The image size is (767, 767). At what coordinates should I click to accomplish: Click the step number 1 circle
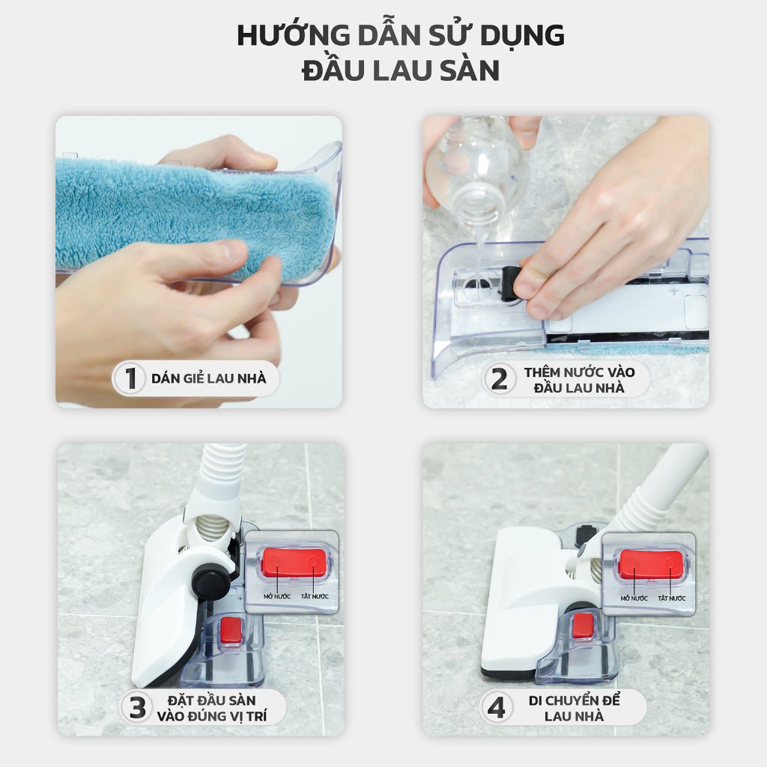[x=130, y=378]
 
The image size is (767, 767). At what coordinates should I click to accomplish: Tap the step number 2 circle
[x=499, y=379]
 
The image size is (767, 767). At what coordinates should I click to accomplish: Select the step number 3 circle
[x=137, y=707]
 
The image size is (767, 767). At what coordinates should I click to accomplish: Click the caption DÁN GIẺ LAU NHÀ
[x=208, y=378]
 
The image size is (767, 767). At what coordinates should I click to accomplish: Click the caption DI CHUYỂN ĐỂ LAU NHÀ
[x=575, y=708]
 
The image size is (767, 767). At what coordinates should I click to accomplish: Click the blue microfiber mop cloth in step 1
[x=187, y=213]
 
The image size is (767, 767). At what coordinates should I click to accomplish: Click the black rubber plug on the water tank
[x=511, y=284]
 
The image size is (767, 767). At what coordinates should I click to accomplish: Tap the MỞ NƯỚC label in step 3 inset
[x=278, y=596]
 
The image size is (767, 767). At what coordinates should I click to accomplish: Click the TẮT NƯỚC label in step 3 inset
[x=315, y=596]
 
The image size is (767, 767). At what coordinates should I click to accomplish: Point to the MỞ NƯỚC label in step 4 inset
[x=634, y=598]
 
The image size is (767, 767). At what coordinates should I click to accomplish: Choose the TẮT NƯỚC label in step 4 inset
[x=671, y=598]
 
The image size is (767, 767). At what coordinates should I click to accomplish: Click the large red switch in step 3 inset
[x=294, y=563]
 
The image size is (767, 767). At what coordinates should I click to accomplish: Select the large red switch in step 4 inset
[x=651, y=565]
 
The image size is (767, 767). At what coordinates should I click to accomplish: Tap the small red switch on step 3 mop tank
[x=231, y=631]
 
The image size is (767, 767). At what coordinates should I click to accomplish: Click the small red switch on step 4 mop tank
[x=583, y=625]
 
